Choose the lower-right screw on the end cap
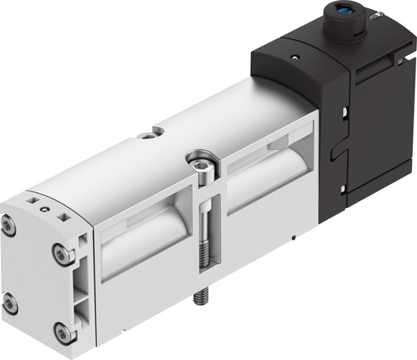tap(60, 332)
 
